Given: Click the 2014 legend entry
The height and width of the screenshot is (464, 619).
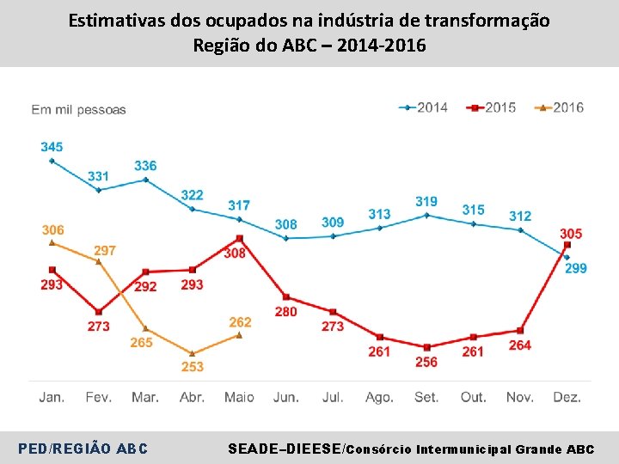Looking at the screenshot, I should [424, 107].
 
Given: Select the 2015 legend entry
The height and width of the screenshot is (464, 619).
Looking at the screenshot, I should [493, 107].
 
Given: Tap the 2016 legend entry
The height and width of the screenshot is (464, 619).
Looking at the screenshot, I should [560, 107].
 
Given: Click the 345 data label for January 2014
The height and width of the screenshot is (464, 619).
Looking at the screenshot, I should [52, 147].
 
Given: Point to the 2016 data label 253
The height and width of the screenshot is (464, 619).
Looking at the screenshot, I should [193, 367].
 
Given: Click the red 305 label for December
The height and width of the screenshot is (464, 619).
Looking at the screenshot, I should [571, 234].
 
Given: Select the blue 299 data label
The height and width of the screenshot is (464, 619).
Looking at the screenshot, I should [576, 269].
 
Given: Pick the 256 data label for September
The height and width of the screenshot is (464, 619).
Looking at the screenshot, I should [426, 362].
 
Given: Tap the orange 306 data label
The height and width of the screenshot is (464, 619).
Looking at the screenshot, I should [52, 229].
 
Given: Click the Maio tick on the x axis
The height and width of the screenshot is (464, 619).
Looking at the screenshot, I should [239, 397].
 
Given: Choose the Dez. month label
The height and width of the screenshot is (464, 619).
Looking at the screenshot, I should [567, 397].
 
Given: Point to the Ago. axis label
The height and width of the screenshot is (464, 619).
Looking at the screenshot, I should [379, 397].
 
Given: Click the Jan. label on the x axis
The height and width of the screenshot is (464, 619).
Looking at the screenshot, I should [52, 397].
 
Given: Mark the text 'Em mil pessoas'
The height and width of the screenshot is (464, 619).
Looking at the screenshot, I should [79, 109].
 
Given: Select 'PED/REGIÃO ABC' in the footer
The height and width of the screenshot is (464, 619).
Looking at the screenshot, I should [83, 449].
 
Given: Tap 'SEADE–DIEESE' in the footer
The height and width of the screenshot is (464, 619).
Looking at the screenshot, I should [284, 449].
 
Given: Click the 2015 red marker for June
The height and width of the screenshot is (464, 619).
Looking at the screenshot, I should [286, 297].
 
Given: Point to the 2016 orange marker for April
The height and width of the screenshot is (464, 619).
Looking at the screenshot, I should [193, 353].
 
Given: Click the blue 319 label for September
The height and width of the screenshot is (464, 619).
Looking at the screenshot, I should [426, 201].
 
